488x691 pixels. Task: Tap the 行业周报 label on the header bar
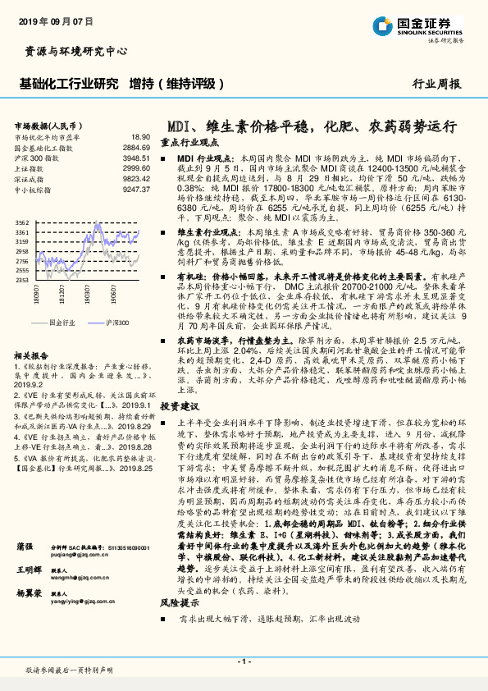(436, 84)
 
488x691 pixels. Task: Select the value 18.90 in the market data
(139, 137)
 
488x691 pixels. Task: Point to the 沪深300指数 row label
(34, 157)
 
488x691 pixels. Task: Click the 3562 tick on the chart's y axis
(22, 222)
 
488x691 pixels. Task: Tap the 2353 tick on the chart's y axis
(22, 281)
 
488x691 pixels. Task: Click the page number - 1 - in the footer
(244, 660)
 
